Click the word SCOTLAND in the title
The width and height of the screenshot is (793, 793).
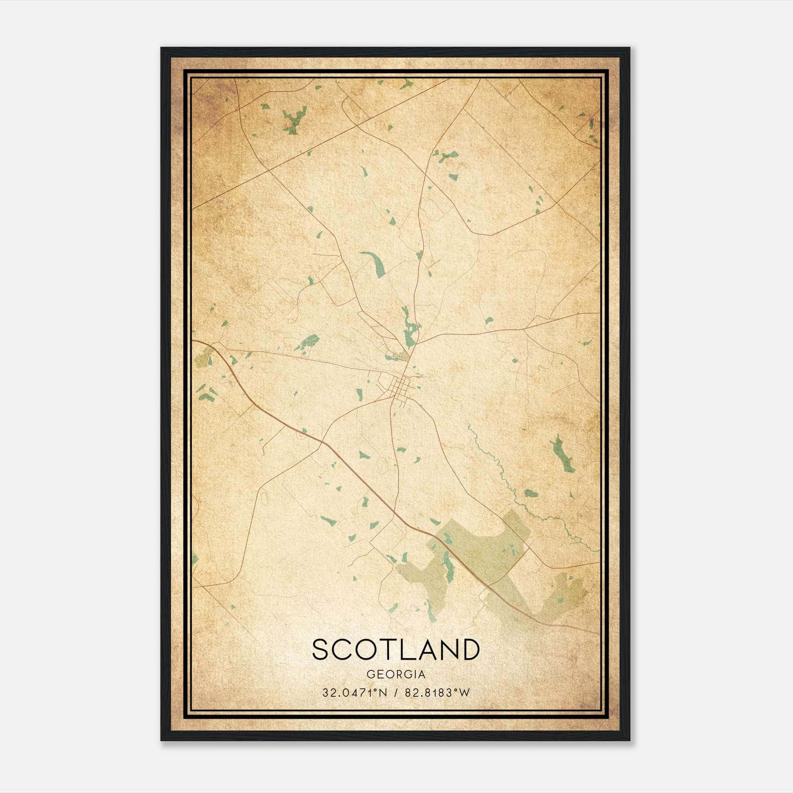(x=396, y=649)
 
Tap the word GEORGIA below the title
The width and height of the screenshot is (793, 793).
(x=396, y=675)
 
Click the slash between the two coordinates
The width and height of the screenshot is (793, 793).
(x=395, y=693)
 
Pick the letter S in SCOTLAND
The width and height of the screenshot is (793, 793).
(x=322, y=649)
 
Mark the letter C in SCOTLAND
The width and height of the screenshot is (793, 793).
(x=342, y=649)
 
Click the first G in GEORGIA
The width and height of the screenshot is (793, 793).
(x=371, y=675)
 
